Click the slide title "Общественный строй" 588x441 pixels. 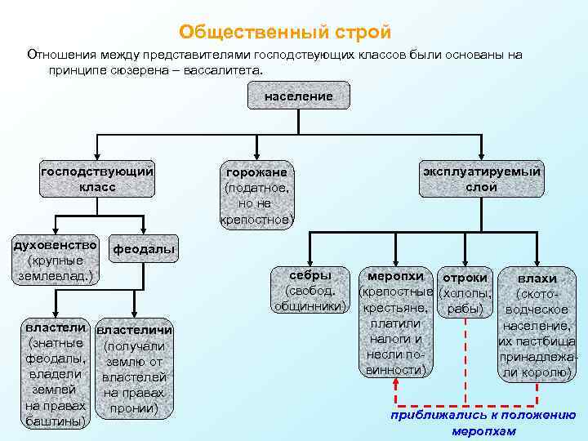tap(286, 33)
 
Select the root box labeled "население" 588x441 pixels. tap(298, 97)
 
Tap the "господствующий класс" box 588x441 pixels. tap(97, 179)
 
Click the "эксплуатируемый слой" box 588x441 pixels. tap(481, 179)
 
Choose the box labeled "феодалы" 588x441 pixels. tap(143, 249)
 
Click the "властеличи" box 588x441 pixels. tap(134, 368)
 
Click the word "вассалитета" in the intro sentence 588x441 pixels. tap(226, 71)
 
